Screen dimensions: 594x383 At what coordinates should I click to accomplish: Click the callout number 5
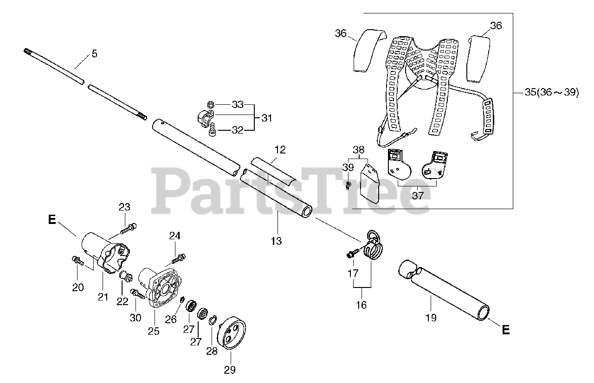point(95,54)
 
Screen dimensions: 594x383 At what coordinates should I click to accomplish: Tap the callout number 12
point(280,150)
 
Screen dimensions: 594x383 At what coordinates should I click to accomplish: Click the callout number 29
point(230,370)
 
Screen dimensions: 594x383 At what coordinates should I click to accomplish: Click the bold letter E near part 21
point(52,219)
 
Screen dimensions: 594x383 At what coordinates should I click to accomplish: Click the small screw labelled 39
point(348,186)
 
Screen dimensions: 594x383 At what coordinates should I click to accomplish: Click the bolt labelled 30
point(138,294)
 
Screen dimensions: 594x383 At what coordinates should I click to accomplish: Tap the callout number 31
point(266,118)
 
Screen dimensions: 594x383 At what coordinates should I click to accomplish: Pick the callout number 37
point(418,195)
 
